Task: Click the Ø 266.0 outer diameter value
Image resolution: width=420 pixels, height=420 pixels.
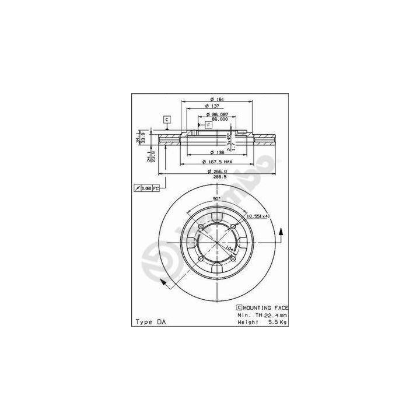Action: [216, 171]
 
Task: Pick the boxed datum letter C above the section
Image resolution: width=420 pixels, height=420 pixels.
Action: [166, 120]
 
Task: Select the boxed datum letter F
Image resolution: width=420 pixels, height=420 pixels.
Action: [208, 125]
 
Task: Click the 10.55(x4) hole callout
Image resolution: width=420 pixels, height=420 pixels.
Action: [257, 216]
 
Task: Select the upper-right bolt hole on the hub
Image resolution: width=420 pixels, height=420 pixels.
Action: [233, 227]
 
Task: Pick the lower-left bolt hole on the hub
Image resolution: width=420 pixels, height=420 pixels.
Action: [200, 259]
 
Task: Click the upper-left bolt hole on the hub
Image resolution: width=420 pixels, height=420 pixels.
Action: [200, 227]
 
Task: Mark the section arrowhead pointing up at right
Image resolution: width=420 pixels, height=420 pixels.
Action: [282, 230]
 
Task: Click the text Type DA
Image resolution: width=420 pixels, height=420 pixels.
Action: [150, 321]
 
